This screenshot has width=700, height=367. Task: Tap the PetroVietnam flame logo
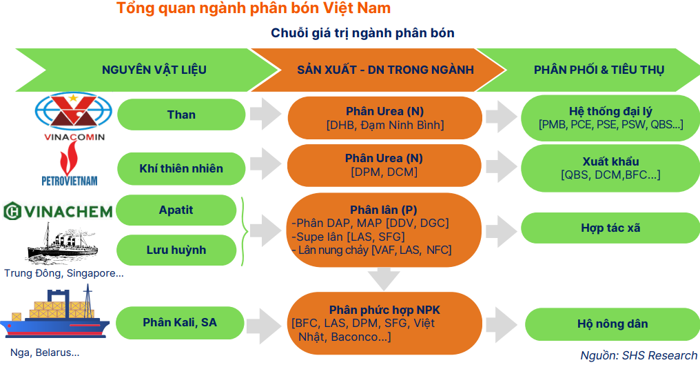pos(70,166)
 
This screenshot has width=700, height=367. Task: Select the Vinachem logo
pos(58,211)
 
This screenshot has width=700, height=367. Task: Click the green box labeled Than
pos(181,115)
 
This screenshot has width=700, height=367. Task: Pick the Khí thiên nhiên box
pos(181,168)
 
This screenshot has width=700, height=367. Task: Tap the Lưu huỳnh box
pos(176,250)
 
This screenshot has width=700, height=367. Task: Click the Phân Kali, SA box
pos(180,322)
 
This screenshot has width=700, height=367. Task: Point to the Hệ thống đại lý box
pos(610,117)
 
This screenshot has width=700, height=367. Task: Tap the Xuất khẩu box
pos(610,168)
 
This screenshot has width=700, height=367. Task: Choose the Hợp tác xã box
pos(610,228)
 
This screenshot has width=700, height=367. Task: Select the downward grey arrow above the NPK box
pos(384,277)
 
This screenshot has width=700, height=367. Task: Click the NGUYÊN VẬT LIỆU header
pos(154,70)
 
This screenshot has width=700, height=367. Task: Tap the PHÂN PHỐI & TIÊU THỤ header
pos(599,70)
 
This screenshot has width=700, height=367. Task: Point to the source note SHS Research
pos(639,355)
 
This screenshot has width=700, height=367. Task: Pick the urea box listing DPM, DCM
pos(384,166)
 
